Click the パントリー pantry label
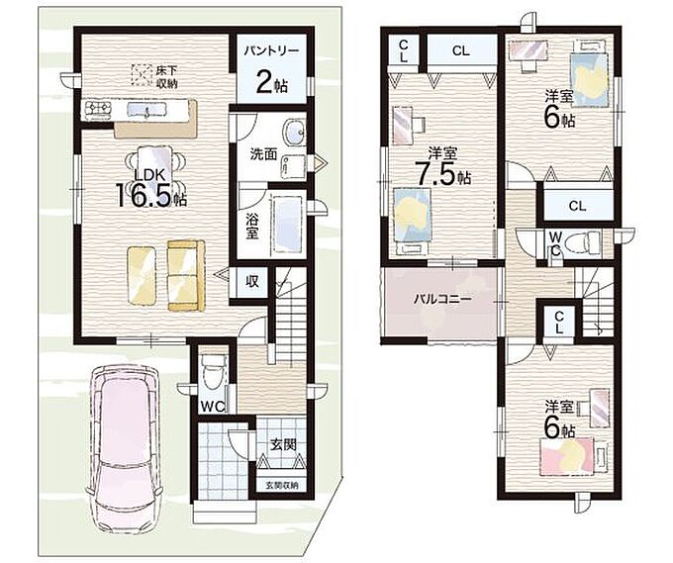point(271,51)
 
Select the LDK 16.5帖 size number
point(144,195)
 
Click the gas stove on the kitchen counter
point(98,109)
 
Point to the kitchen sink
point(145,110)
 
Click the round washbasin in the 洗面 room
point(295,131)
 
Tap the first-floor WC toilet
point(213,371)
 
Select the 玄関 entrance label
point(283,444)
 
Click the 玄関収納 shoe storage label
point(282,486)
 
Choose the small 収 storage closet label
point(252,281)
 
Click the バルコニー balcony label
point(442,299)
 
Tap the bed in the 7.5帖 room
point(412,220)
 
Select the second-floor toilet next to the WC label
point(582,242)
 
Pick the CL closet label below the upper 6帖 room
point(577,206)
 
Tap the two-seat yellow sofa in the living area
point(186,275)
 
